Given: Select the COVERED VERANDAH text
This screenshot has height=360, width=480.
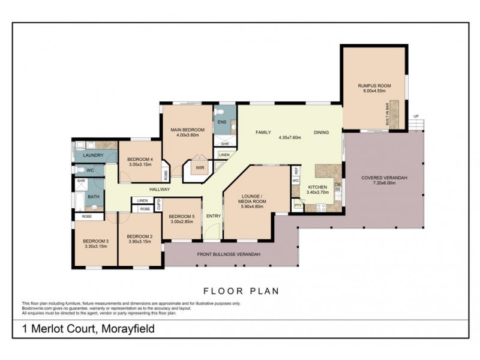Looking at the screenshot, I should (384, 178).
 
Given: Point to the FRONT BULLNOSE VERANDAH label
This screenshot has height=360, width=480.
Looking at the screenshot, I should (229, 254).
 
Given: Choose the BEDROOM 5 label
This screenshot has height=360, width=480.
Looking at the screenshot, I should (181, 217).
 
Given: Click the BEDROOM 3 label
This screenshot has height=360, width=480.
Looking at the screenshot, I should (95, 239).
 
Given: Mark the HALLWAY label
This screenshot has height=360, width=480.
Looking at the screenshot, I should (160, 190).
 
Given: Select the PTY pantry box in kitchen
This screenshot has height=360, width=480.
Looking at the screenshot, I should (297, 206).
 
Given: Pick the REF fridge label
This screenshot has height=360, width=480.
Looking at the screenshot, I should (296, 171).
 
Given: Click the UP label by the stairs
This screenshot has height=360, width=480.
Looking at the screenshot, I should (416, 116).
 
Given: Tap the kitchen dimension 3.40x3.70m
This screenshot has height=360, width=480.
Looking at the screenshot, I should (318, 194).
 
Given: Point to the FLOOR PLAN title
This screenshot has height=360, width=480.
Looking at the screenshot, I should (241, 291).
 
